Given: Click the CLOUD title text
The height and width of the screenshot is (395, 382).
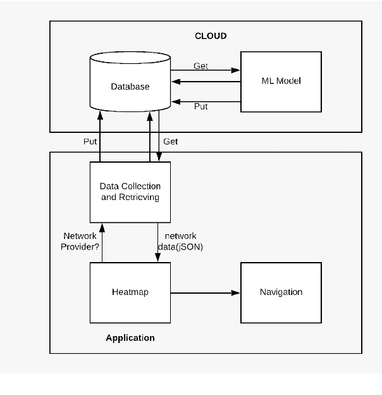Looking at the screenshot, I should coord(210,36).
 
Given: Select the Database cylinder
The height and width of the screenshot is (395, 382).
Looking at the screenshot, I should coord(130,86).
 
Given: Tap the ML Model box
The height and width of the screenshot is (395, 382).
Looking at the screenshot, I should coord(281,81).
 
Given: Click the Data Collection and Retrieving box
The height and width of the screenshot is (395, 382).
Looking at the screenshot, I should coord(130,192).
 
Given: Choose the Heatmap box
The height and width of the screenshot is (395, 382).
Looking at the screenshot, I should coord(130,292).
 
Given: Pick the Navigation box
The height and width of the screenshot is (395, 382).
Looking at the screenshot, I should coord(281,292).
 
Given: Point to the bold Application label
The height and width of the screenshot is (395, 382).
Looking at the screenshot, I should coord(130,338).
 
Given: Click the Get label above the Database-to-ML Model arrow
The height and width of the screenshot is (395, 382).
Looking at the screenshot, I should coord(200,66).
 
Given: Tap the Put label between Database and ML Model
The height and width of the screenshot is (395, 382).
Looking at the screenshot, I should coord(200,107).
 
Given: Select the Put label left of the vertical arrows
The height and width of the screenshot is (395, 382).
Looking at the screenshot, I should coord(90,142).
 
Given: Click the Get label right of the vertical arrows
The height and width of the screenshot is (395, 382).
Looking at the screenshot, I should coord(171,142).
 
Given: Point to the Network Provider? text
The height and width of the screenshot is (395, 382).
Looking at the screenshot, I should coord(81,241).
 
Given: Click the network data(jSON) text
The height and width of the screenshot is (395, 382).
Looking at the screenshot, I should coord(180,241).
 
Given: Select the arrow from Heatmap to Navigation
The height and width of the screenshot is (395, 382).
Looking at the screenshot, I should coord(206,293).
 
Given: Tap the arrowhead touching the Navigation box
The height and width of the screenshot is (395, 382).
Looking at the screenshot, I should coord(237,293).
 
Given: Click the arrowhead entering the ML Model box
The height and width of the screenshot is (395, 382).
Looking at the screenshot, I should coord(237,70).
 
